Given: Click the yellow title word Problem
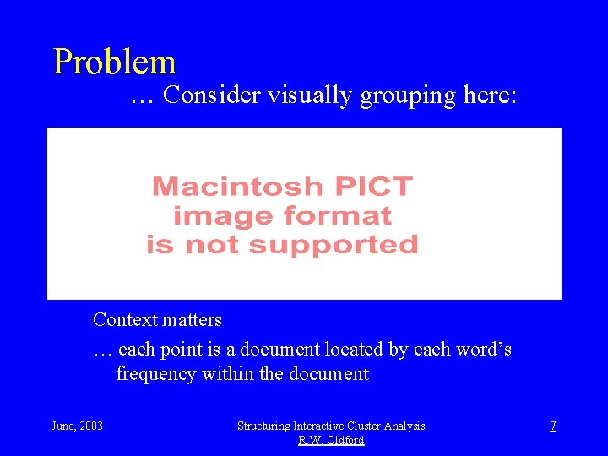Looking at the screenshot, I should click(x=114, y=62).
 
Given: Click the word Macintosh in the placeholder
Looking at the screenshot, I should click(x=237, y=187).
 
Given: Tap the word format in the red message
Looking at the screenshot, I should click(x=338, y=216).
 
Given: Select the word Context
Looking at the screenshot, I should click(x=125, y=320).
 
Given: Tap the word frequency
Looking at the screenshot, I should click(x=158, y=373).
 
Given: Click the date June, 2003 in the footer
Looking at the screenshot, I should click(x=78, y=426).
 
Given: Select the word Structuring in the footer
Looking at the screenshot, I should click(x=265, y=426).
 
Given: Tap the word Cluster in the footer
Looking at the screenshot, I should click(x=376, y=426).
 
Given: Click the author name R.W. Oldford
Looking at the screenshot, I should click(x=331, y=440).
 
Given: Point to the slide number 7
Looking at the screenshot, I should click(x=553, y=426).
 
